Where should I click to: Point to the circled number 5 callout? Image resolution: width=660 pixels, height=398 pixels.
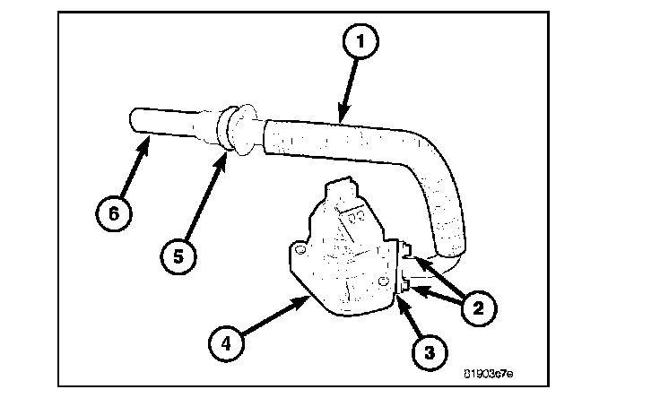coord(178,255)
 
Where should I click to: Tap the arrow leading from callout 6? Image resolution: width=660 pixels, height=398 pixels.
coord(133,175)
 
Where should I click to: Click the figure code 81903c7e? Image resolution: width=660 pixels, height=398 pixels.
coord(488,369)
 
